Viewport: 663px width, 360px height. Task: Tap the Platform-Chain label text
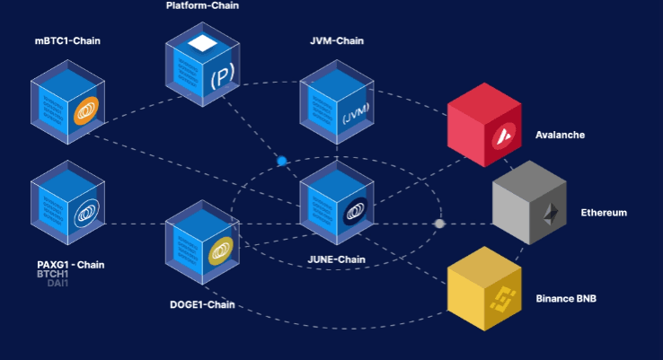point(203,5)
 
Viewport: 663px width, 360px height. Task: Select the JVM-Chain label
point(336,40)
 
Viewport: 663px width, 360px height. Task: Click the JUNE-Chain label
point(336,260)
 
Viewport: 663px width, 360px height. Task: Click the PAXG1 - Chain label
point(71,264)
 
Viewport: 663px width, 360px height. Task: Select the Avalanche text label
point(560,135)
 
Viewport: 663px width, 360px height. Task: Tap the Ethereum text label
point(604,213)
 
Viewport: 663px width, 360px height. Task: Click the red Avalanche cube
point(485,125)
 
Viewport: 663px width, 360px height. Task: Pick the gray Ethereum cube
point(529,203)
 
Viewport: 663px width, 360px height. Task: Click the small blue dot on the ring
point(282,162)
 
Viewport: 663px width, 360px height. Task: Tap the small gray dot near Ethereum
point(439,224)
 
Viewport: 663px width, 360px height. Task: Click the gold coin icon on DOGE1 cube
point(221,255)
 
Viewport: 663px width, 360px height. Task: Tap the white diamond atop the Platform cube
point(203,42)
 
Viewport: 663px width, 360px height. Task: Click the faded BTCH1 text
point(52,274)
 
